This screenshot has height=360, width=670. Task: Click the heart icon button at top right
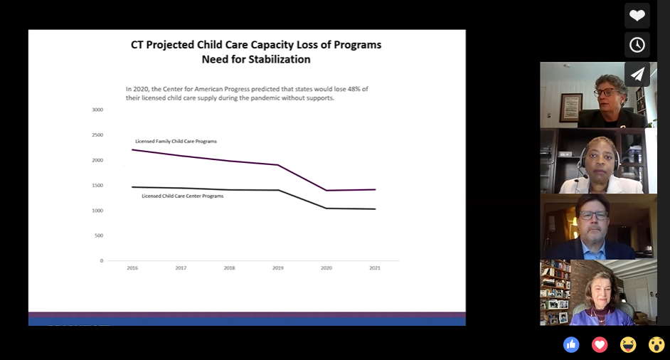coord(637,16)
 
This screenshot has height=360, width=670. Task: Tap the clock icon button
coord(637,45)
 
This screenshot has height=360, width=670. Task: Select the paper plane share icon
coord(637,74)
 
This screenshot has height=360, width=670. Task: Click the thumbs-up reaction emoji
coord(571,345)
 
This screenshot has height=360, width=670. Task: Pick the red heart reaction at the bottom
coord(600,345)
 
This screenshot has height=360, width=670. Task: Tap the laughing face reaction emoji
coord(628,345)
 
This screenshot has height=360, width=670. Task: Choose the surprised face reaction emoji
coord(656,345)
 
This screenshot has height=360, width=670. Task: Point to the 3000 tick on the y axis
coord(97,110)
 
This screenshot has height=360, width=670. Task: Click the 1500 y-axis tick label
coord(97,186)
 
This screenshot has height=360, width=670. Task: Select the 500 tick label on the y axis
coord(99,235)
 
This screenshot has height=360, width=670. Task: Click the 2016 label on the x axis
coord(132,268)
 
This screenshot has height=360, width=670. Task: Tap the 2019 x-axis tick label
coord(278,268)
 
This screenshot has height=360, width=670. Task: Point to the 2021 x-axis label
coord(375,268)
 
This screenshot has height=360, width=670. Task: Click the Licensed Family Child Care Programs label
coord(176,142)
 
